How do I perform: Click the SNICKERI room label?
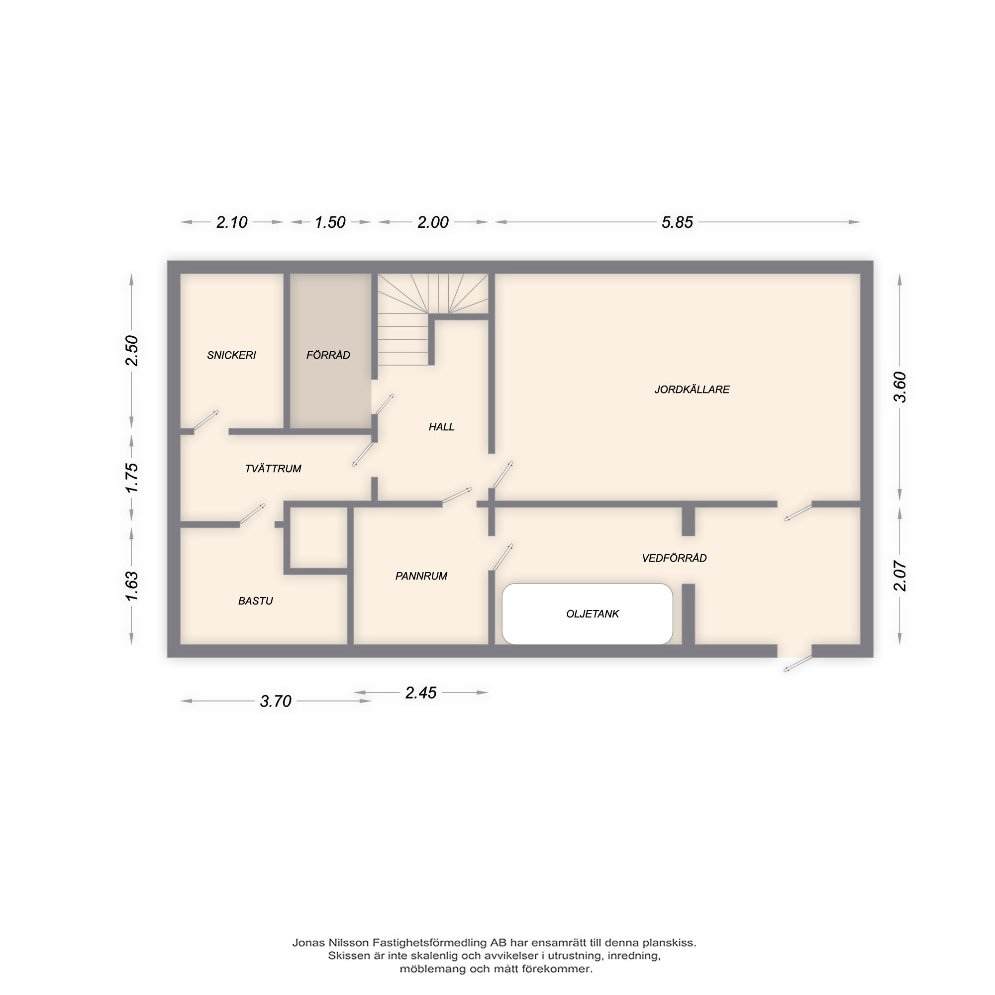click(x=231, y=355)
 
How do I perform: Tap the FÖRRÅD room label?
click(x=328, y=355)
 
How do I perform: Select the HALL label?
click(x=441, y=426)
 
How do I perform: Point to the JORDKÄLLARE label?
click(x=692, y=390)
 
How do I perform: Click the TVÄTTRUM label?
click(x=273, y=468)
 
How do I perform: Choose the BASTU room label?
click(x=255, y=600)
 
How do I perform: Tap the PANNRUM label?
click(x=421, y=576)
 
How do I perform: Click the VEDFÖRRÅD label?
click(x=674, y=558)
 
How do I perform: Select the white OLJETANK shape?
click(x=587, y=614)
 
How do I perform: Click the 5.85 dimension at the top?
click(x=677, y=222)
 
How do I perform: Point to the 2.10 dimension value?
click(x=232, y=222)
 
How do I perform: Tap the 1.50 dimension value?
click(x=330, y=222)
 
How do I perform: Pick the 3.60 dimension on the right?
click(x=899, y=387)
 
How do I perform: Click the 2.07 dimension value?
click(x=899, y=575)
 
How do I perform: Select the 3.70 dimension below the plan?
click(x=276, y=701)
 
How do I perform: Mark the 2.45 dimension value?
click(x=421, y=693)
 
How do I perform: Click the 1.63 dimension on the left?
click(x=131, y=586)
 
